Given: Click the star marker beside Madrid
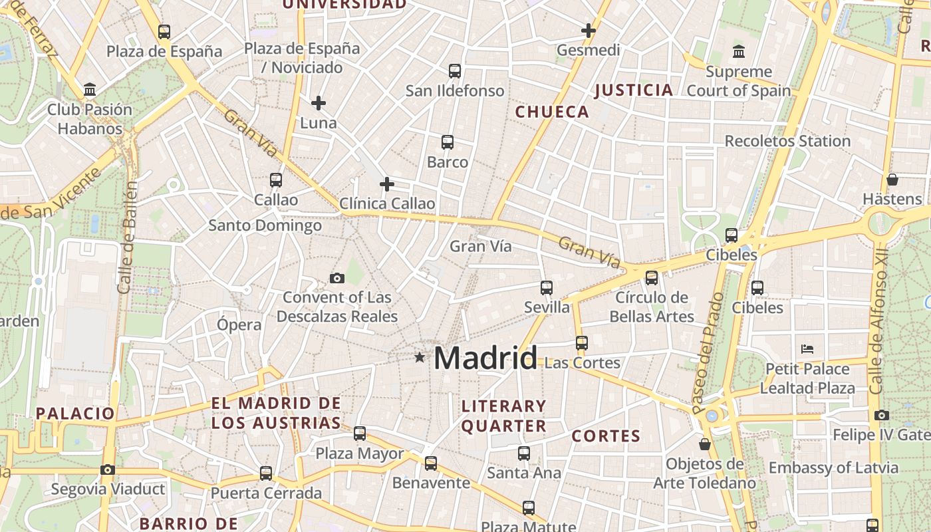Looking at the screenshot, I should tap(419, 358).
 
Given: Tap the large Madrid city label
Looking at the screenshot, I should tap(485, 358).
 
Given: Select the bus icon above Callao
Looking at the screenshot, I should tap(276, 180).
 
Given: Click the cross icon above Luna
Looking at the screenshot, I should tap(319, 103).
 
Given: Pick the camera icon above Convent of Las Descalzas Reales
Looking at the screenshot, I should tap(337, 278).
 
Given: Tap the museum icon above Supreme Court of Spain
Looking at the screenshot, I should tap(738, 52).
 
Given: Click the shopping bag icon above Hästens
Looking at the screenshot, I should tap(892, 180).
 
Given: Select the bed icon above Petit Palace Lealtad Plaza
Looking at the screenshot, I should tap(807, 348).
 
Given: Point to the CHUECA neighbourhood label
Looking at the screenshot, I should tap(552, 112).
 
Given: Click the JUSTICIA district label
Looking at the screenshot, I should tap(634, 90).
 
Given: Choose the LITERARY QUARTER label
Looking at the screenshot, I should tap(504, 416).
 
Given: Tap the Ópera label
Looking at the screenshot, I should tap(239, 325).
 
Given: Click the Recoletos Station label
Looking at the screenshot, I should tap(787, 141).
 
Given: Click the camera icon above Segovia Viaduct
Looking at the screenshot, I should tap(108, 469).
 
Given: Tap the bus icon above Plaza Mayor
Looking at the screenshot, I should tap(360, 434).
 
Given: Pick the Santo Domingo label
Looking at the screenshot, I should tap(265, 225).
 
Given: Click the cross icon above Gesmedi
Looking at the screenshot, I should tap(588, 31).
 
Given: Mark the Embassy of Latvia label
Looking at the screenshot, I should tap(833, 467).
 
